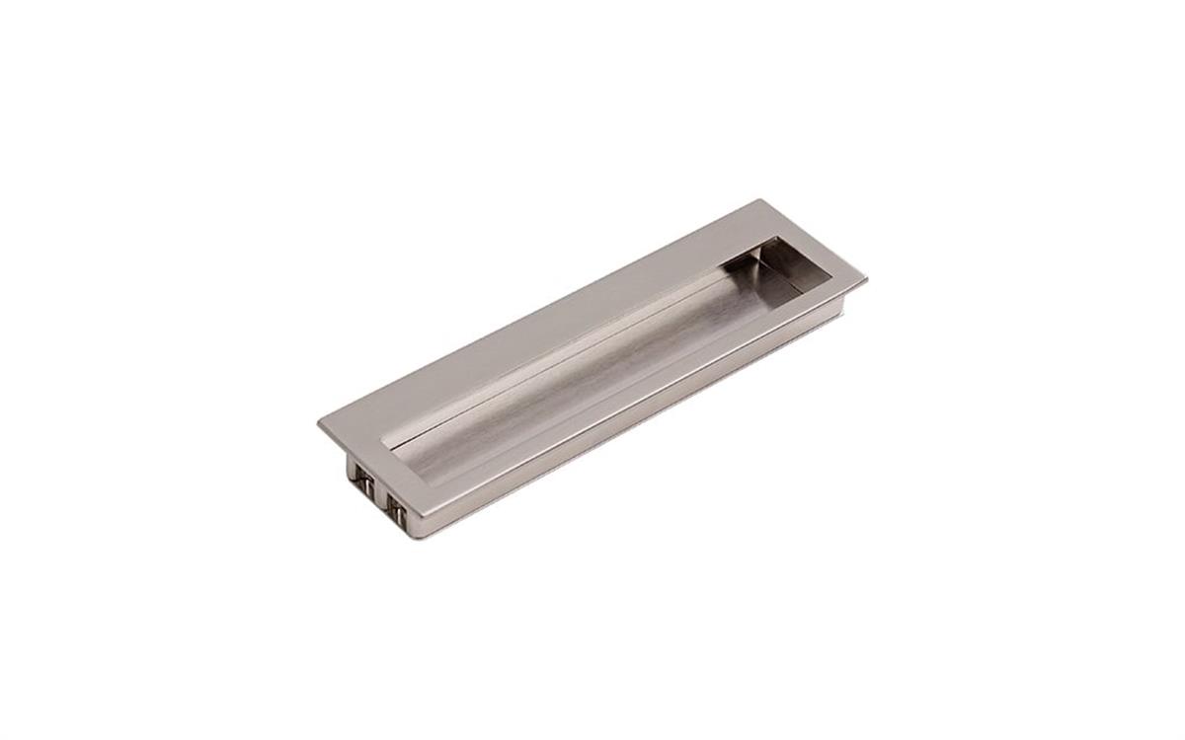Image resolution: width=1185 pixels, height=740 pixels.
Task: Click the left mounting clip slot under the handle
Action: (363, 483)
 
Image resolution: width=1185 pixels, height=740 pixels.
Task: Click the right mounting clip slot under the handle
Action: (397, 505)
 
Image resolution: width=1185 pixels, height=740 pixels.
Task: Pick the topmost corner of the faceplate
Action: (761, 200)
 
